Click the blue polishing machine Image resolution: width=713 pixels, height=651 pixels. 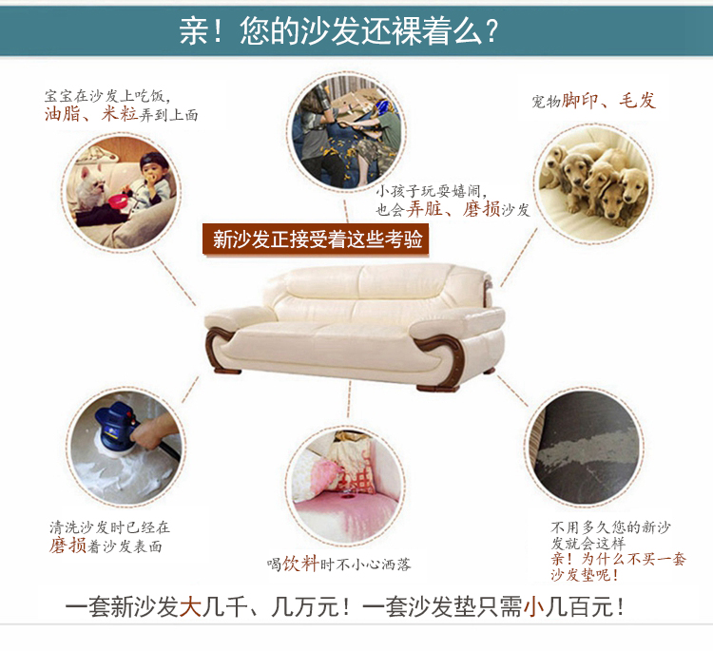pos(116,424)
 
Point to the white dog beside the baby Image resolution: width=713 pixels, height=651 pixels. pos(92,186)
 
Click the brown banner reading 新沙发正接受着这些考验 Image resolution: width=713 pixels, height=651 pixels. pos(316,239)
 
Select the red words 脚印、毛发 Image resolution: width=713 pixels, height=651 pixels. pos(608,101)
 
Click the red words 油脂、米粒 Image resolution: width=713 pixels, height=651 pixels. pos(91,114)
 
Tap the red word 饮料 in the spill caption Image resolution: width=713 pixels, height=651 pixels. pos(300,564)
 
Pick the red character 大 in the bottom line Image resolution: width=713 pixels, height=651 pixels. pos(190,607)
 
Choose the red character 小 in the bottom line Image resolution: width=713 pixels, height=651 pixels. pos(534,607)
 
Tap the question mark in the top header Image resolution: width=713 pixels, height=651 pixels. pos(491,31)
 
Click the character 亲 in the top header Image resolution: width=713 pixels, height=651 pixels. pos(194,31)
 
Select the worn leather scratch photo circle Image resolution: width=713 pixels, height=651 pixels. pos(585,447)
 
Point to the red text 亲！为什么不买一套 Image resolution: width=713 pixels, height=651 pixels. pos(619,559)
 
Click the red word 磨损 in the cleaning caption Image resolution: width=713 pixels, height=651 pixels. pos(67,546)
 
